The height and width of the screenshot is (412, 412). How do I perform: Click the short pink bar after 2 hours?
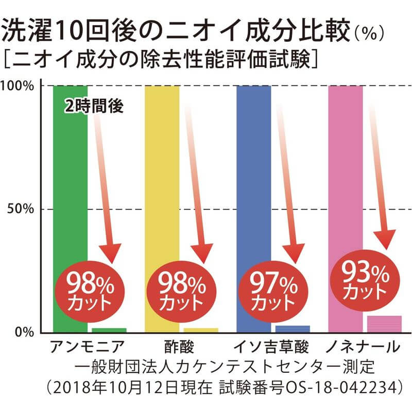click(x=384, y=324)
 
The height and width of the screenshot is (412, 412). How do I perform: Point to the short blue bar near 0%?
click(x=293, y=329)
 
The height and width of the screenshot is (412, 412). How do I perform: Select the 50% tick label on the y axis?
click(x=21, y=209)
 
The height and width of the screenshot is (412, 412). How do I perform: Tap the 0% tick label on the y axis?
click(x=24, y=332)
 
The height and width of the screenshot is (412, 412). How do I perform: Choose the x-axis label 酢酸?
click(x=180, y=346)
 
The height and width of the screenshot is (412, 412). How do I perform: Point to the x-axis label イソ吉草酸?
click(x=271, y=346)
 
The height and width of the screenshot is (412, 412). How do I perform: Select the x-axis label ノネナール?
click(x=363, y=346)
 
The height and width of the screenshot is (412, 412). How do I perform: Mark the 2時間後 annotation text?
click(x=95, y=106)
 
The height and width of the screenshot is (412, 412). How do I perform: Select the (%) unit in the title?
click(x=370, y=35)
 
